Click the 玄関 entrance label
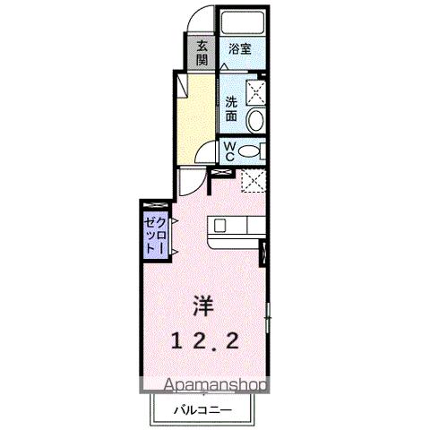click(x=202, y=53)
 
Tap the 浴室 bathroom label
click(x=237, y=50)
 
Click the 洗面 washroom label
click(x=232, y=109)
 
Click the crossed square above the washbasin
click(x=258, y=91)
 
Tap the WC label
click(x=229, y=151)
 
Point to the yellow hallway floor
click(x=196, y=116)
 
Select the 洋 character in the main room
click(x=203, y=305)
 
